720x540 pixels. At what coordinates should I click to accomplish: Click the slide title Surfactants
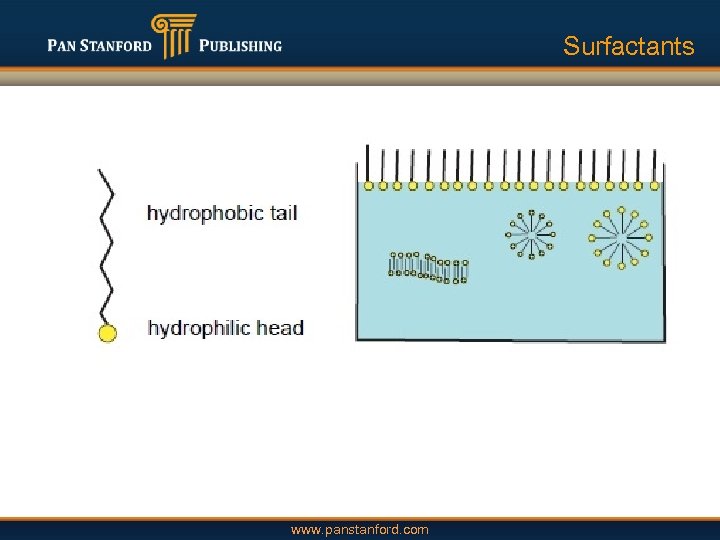(x=628, y=46)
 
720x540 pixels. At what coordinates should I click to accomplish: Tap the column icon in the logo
(x=173, y=37)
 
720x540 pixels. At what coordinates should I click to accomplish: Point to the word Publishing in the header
(x=240, y=46)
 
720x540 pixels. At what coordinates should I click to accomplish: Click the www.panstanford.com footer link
(x=359, y=529)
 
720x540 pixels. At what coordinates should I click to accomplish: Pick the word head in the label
(x=281, y=328)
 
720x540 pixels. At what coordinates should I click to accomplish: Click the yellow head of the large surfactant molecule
(x=107, y=333)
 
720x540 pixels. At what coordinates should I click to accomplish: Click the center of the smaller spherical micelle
(x=530, y=235)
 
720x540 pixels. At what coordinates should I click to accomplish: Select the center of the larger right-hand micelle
(x=622, y=238)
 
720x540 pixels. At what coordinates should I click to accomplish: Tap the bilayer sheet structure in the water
(x=428, y=266)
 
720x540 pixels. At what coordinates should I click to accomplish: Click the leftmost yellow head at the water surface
(x=368, y=185)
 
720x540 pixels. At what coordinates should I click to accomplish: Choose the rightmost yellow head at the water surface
(x=654, y=185)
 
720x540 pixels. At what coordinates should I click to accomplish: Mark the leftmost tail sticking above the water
(x=368, y=162)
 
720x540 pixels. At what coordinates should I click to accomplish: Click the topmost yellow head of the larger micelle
(x=622, y=210)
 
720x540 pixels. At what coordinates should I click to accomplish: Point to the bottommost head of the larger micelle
(x=622, y=266)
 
